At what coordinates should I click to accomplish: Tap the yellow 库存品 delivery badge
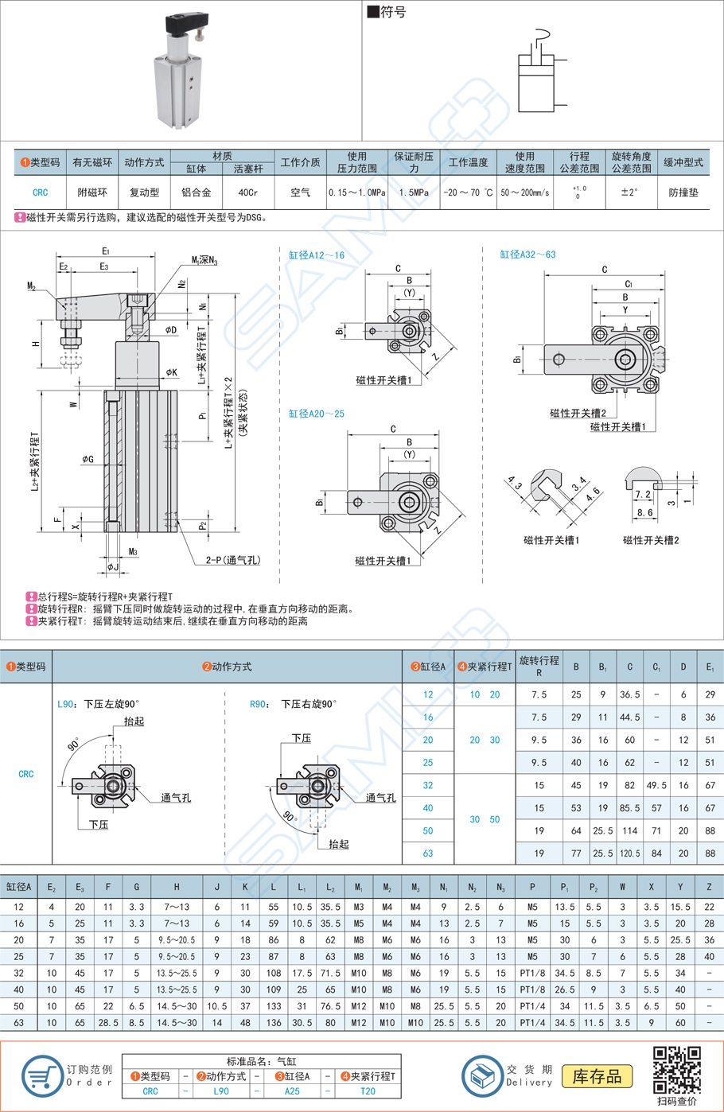point(597,1076)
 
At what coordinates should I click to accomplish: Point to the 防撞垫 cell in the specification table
point(683,192)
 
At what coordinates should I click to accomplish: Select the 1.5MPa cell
point(414,192)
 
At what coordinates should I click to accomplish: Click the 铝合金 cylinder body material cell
point(196,192)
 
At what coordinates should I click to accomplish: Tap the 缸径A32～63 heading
point(527,255)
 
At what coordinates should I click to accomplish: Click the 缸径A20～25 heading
point(317,414)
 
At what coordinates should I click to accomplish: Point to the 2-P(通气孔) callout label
point(232,560)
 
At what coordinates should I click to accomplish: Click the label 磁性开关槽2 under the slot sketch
point(651,540)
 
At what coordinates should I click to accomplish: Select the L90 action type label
point(66,704)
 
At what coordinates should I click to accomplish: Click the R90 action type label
point(258,704)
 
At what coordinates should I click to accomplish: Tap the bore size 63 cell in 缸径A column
point(428,853)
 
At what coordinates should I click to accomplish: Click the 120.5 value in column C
point(629,853)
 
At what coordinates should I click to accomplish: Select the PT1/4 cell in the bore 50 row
point(532,1006)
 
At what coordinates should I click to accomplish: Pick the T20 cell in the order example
point(368,1091)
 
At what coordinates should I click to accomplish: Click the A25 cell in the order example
point(292,1091)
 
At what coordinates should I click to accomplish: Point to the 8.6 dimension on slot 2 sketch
point(644,513)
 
